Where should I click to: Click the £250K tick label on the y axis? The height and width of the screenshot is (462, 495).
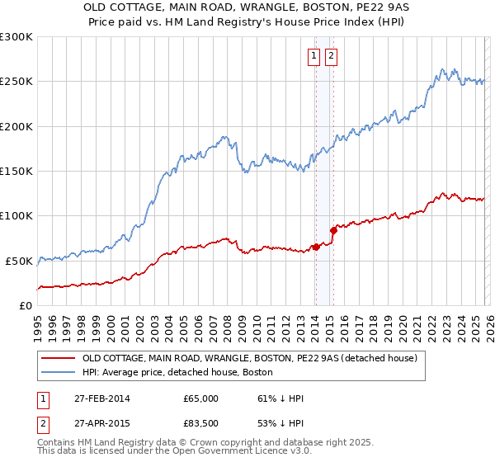[x=16, y=82]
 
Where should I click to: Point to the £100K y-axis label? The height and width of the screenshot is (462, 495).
[x=16, y=215]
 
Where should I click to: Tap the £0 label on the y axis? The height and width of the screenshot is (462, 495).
[x=25, y=305]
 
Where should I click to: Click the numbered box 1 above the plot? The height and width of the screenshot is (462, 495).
[x=315, y=56]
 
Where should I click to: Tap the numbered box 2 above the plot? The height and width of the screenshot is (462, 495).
[x=331, y=56]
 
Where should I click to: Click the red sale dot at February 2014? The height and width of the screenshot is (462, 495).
[x=316, y=247]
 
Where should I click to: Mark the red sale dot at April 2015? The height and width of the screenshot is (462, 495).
[x=333, y=230]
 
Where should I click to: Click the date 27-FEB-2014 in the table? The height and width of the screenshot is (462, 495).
[x=101, y=398]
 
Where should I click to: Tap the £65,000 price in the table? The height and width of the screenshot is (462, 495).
[x=200, y=398]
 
